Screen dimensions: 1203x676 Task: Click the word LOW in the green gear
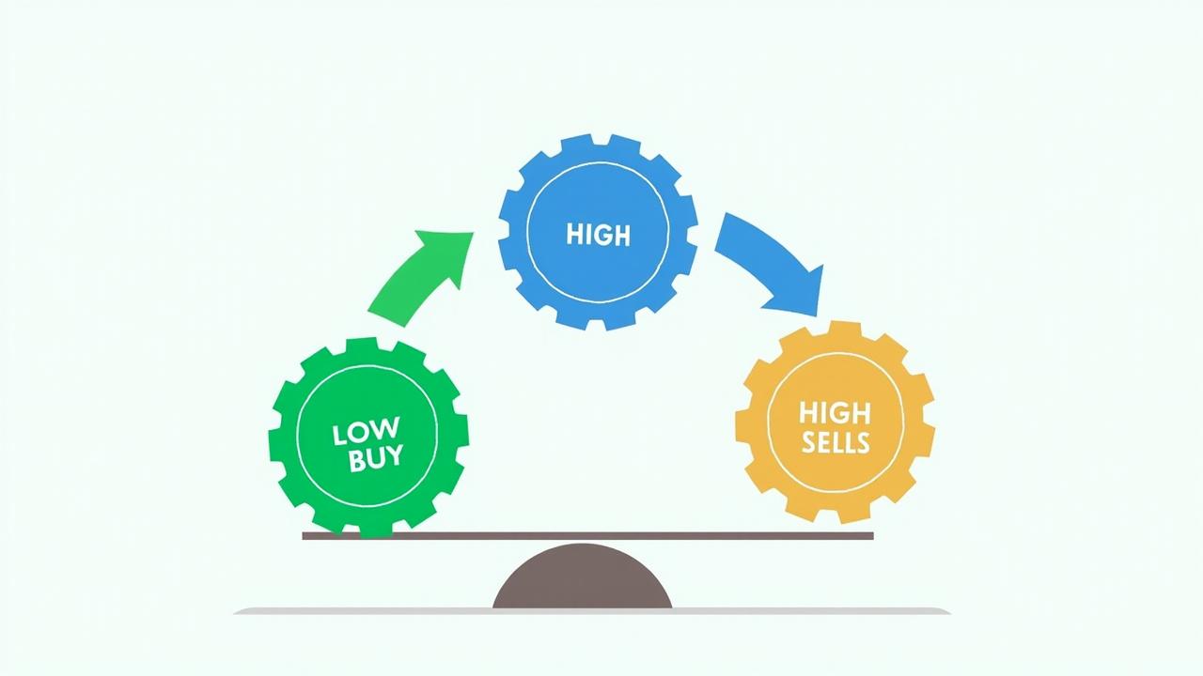(366, 432)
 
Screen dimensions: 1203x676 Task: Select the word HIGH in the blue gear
(599, 235)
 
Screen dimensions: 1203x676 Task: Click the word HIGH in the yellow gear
(835, 414)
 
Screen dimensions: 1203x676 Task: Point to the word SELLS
(836, 442)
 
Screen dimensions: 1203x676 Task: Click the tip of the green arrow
(473, 233)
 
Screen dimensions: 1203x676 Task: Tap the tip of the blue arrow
(817, 315)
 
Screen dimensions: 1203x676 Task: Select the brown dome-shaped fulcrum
(582, 577)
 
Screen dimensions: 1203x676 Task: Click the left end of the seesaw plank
(304, 535)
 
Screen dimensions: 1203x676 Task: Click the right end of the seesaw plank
(873, 535)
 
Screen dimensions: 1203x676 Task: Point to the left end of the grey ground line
(235, 611)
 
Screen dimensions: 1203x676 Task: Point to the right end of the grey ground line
(949, 611)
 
